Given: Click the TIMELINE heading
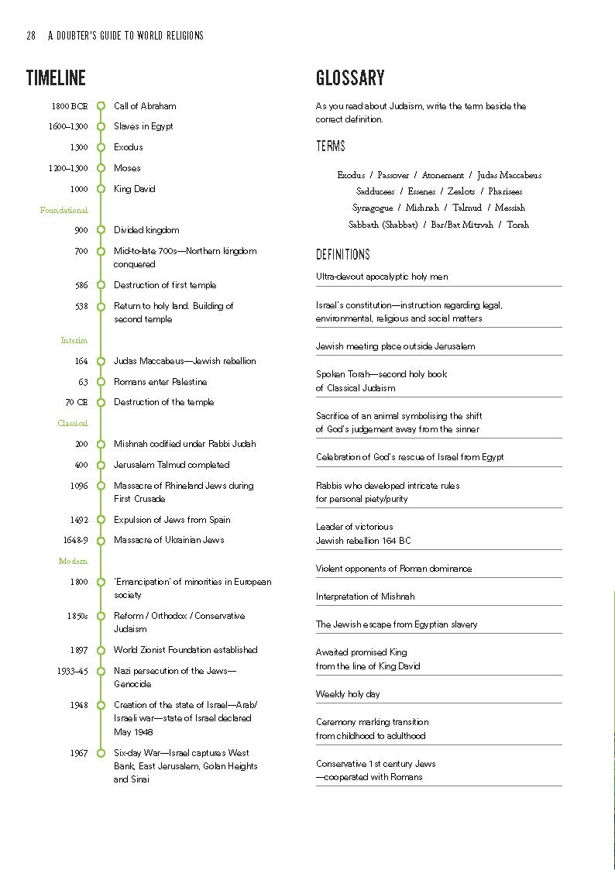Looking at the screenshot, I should click(56, 77).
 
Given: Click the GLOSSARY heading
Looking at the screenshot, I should click(350, 77).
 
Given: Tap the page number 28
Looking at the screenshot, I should click(31, 36).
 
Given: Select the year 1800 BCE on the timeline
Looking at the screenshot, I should click(70, 106).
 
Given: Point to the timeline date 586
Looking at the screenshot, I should click(81, 285).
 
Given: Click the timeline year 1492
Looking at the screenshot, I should click(78, 520).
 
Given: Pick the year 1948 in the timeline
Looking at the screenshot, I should click(78, 705).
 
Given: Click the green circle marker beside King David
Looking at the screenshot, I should click(101, 189).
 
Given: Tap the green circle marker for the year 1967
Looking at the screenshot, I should click(101, 753).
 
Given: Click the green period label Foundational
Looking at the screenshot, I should click(64, 210).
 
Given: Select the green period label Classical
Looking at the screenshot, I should click(73, 423).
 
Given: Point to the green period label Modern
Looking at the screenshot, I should click(74, 561).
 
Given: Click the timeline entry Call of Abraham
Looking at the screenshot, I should click(145, 106).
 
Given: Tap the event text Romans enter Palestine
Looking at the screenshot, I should click(160, 382).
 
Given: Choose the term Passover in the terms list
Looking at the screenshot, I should click(393, 175).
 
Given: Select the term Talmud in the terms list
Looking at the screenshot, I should click(467, 208).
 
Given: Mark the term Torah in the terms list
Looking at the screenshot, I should click(518, 225).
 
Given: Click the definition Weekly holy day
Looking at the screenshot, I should click(348, 694).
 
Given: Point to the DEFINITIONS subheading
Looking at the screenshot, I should click(343, 255).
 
